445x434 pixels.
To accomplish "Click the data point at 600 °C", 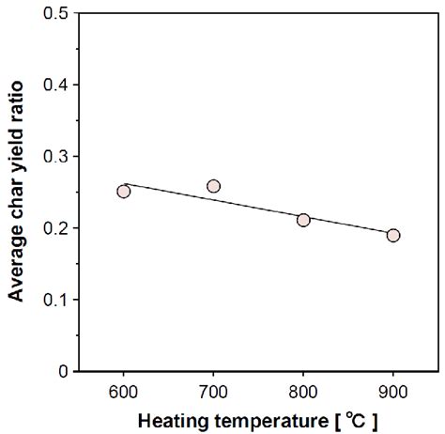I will [x=124, y=191].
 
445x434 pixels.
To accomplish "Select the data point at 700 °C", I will [x=213, y=186].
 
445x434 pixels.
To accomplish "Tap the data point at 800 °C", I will [x=303, y=220].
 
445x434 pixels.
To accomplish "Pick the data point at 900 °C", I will [x=392, y=235].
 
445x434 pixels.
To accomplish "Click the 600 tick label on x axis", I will [x=124, y=390].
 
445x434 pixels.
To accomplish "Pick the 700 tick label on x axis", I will [x=213, y=390].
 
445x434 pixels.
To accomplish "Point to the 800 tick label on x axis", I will [x=303, y=390].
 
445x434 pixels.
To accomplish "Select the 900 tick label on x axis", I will [x=392, y=390].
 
